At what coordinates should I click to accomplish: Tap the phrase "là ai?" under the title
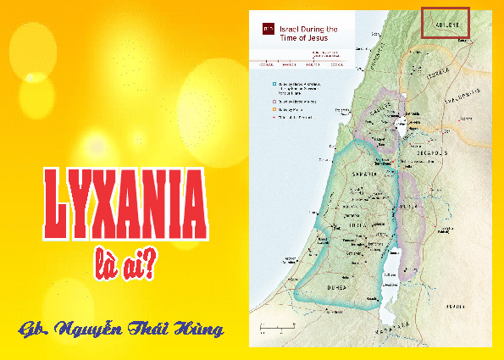coord(125,264)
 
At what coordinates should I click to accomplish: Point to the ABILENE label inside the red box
coord(445,25)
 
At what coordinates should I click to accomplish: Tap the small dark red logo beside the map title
coord(268,30)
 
